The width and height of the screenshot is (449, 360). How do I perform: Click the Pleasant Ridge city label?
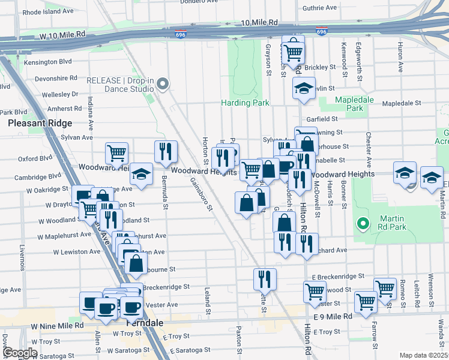[x=40, y=123]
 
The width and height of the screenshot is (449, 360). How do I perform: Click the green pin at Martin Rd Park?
[x=363, y=224]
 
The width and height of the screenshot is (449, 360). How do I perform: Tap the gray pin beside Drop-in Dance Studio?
[x=163, y=85]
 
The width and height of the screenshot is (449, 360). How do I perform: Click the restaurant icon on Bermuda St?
[x=164, y=152]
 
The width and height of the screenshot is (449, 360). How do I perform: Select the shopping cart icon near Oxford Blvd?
[x=116, y=152]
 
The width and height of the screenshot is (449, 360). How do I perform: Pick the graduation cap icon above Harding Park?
[x=304, y=89]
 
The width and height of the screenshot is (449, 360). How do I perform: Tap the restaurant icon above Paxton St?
[x=264, y=279]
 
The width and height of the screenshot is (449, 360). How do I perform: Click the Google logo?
[x=20, y=353]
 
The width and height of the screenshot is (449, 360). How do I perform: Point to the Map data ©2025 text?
[x=423, y=355]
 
